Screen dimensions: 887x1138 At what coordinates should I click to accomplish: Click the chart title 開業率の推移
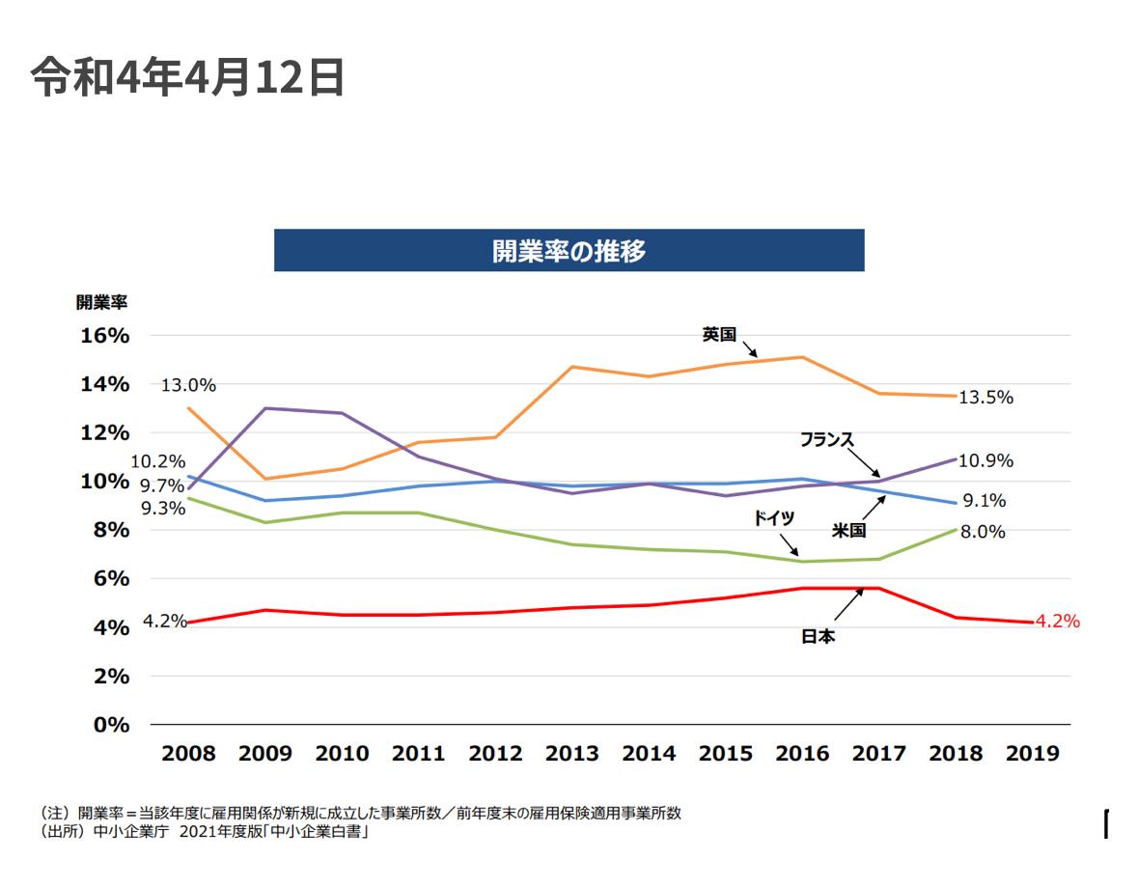pos(569,251)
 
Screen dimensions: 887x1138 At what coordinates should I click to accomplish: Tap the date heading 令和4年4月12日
pos(187,77)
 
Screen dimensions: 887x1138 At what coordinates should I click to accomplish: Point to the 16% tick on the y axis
pos(105,336)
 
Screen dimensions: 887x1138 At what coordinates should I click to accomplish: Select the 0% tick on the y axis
pos(111,725)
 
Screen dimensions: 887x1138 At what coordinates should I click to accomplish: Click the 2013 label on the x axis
pos(572,754)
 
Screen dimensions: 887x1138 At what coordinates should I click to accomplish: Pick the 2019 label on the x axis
pos(1032,754)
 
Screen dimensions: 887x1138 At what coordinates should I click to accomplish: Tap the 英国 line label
pos(719,335)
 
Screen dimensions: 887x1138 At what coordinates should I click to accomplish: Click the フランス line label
pos(827,439)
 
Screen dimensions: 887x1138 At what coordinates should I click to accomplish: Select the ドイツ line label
pos(774,518)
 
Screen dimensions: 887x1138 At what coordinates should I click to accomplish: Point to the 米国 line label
pos(849,530)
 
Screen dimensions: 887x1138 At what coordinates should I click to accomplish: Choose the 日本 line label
pos(819,637)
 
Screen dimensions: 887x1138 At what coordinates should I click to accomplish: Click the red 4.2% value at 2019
pos(1057,622)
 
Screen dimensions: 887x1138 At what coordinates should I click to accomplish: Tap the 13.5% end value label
pos(985,397)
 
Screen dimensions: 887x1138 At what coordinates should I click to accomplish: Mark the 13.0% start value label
pos(188,385)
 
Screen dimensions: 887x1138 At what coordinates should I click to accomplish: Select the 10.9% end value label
pos(985,461)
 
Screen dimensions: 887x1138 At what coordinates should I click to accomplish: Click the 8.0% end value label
pos(982,532)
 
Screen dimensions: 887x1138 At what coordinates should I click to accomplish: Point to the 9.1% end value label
pos(984,501)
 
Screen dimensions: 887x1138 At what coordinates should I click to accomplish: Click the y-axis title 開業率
pos(101,301)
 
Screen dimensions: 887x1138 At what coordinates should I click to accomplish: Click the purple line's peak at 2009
pos(265,408)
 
